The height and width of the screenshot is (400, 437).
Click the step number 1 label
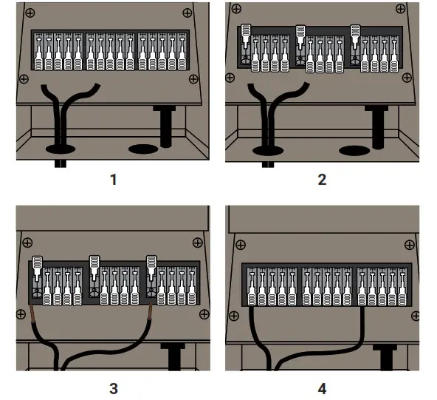[111, 180]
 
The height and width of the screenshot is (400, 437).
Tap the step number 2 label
[322, 180]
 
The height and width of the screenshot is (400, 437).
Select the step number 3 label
[111, 388]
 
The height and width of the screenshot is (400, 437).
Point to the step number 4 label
[322, 388]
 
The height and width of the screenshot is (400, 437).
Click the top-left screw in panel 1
[28, 14]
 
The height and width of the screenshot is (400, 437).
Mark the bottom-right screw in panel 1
[193, 78]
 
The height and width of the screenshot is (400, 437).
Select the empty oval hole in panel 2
[354, 150]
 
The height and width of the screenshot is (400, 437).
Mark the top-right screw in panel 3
[196, 242]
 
